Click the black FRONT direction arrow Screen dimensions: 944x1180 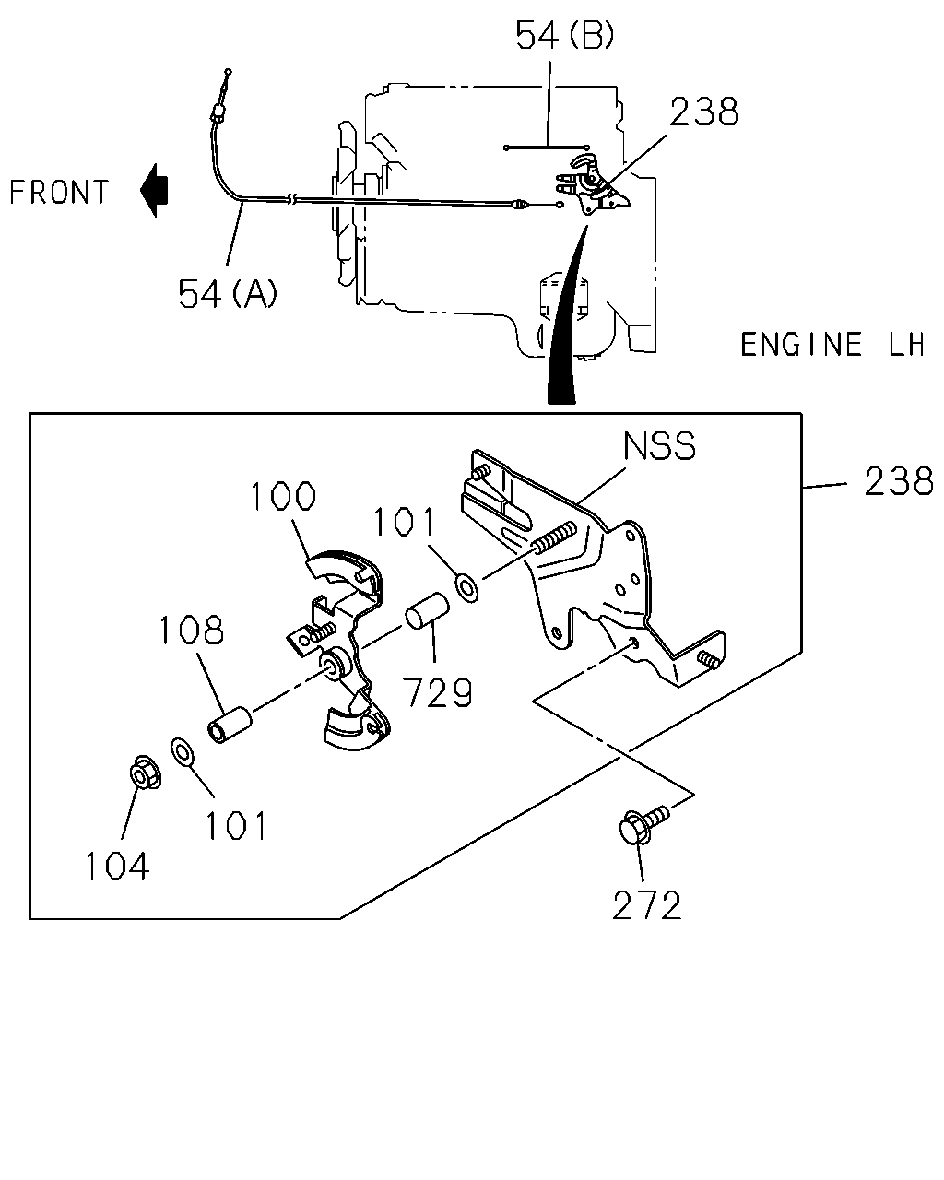154,190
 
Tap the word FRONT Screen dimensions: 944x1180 59,193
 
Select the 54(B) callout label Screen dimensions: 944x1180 565,36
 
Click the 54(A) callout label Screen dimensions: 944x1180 228,293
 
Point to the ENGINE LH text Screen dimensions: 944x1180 832,345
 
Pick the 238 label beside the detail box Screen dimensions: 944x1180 898,481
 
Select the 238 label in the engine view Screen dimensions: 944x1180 703,112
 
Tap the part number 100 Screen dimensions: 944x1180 283,496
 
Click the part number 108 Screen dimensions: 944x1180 191,631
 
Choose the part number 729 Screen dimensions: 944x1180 437,692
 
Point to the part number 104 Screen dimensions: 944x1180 117,867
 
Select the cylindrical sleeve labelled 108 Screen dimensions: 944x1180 229,726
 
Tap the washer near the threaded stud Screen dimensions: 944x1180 467,588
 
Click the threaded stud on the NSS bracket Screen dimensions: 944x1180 554,537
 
